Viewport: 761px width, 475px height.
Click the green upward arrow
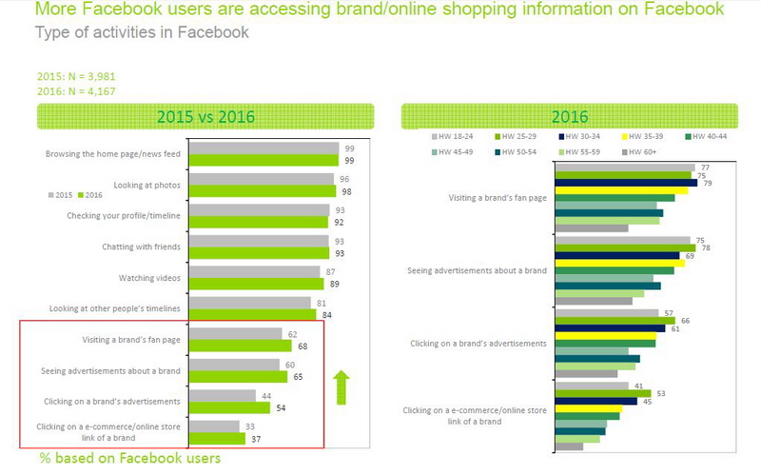(341, 388)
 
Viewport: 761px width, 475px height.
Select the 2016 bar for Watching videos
(257, 284)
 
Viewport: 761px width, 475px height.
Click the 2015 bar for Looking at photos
(262, 179)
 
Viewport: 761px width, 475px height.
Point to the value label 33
(249, 426)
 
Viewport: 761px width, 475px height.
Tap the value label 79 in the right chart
(707, 183)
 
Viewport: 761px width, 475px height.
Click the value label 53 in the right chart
(660, 392)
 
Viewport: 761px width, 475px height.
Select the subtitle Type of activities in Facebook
(142, 32)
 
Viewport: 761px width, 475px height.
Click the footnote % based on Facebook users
(130, 459)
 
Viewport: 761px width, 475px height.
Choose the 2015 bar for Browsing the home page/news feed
(263, 148)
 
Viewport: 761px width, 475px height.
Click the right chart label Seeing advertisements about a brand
(477, 270)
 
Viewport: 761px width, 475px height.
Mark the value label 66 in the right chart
(685, 322)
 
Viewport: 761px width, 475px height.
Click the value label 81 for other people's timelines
(321, 303)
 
